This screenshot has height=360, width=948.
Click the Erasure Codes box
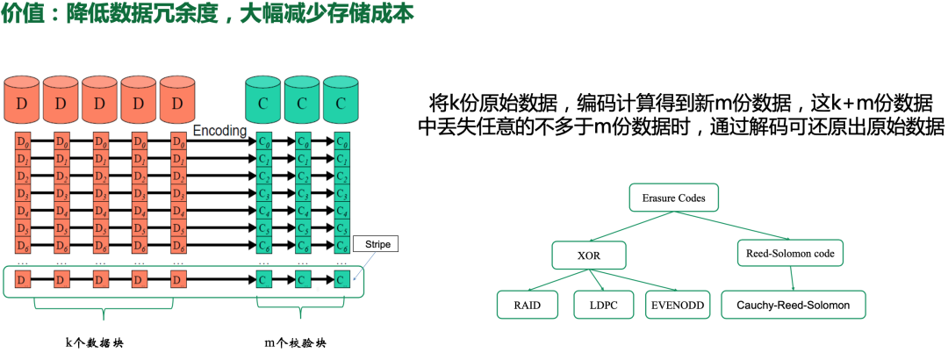pos(673,198)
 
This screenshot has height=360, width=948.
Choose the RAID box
pos(527,306)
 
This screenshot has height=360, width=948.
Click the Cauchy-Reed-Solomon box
pos(792,306)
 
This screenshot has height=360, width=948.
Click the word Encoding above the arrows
pos(219,130)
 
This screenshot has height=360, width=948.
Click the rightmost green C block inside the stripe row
pos(341,281)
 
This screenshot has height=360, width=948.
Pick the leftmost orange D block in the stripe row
pos(23,281)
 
